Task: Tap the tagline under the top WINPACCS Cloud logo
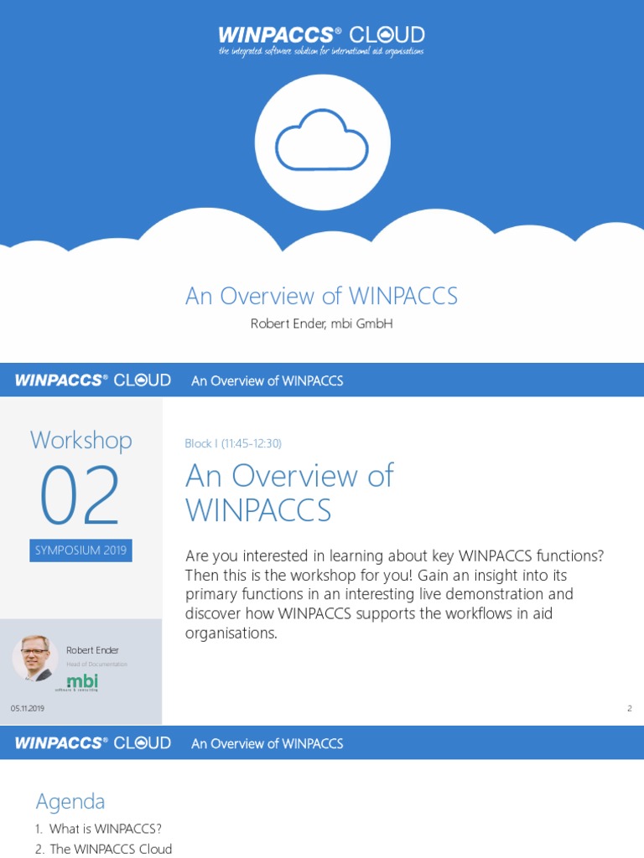pyautogui.click(x=321, y=52)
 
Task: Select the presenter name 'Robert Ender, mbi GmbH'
pyautogui.click(x=321, y=324)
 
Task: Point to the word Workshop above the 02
pyautogui.click(x=80, y=440)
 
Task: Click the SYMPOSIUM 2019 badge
pyautogui.click(x=80, y=550)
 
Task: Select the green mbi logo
pyautogui.click(x=81, y=683)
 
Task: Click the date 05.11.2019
pyautogui.click(x=28, y=709)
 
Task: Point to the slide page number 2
pyautogui.click(x=629, y=709)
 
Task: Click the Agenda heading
pyautogui.click(x=70, y=802)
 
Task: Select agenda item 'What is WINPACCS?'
pyautogui.click(x=105, y=829)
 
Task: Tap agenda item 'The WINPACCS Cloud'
pyautogui.click(x=110, y=849)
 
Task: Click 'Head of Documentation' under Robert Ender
pyautogui.click(x=97, y=664)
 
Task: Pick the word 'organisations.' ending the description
pyautogui.click(x=231, y=633)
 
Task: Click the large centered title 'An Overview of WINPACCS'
pyautogui.click(x=321, y=296)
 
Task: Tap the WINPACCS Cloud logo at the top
pyautogui.click(x=321, y=35)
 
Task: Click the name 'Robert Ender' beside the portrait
pyautogui.click(x=93, y=650)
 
